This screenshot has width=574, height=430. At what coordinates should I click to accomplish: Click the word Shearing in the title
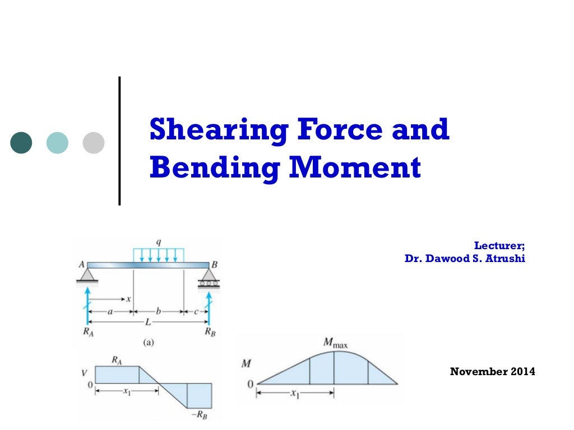tap(218, 129)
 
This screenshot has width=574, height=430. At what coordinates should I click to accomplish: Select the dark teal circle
tap(21, 142)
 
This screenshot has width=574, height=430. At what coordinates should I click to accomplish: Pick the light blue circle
tap(57, 142)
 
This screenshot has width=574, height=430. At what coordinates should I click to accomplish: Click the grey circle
tap(94, 142)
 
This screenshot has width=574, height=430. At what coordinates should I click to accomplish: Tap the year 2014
tap(522, 371)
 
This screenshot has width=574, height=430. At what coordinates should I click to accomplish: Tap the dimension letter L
tap(147, 322)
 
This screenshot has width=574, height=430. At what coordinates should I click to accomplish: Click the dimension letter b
tap(159, 311)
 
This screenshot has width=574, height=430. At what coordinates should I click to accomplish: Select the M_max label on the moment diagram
tap(335, 342)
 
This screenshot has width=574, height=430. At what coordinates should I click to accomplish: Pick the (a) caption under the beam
tap(148, 343)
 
